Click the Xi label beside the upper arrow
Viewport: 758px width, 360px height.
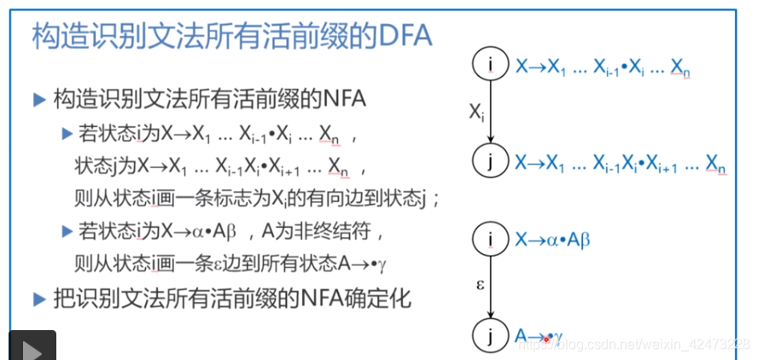click(476, 113)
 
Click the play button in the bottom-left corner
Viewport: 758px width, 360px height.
click(32, 345)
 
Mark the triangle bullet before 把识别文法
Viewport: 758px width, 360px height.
click(38, 299)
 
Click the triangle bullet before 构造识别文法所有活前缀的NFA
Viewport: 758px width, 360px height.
click(38, 100)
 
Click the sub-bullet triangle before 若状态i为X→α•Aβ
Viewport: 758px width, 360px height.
click(67, 231)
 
